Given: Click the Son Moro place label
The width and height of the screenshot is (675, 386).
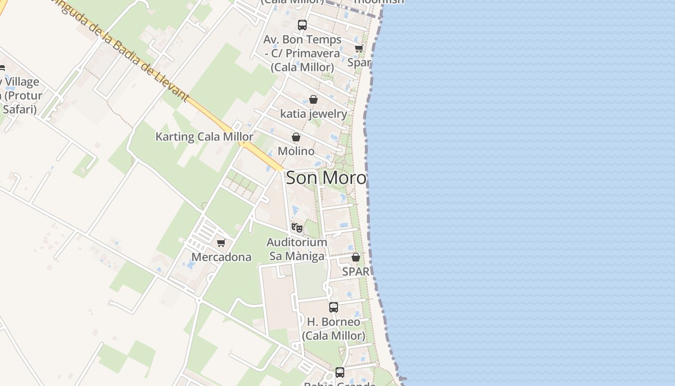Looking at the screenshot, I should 326,178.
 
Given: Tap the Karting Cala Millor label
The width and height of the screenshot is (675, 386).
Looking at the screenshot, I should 204,137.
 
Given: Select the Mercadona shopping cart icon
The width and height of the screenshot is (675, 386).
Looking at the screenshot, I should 221,243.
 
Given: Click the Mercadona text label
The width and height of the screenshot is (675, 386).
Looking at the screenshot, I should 221,257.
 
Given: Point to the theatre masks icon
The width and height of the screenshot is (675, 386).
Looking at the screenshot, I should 297,227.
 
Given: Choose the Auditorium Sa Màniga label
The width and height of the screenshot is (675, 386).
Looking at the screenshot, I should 297,249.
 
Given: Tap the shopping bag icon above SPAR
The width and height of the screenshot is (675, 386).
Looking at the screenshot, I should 355,257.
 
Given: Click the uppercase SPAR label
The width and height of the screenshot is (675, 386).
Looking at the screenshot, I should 355,272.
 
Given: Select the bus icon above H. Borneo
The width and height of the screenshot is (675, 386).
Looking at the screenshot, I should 333,307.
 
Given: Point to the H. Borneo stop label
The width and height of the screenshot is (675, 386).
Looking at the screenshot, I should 333,328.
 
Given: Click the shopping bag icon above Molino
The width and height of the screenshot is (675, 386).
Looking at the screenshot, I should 296,137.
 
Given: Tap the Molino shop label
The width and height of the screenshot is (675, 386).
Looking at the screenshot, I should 296,151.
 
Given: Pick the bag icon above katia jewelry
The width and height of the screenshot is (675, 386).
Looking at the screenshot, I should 313,99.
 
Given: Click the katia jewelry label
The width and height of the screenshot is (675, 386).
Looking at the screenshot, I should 313,114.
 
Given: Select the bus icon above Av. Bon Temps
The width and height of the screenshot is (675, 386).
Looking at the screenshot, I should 302,25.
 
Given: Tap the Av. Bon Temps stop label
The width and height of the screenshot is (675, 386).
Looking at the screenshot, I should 302,53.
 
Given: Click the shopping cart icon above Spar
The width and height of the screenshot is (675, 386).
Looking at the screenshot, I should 359,48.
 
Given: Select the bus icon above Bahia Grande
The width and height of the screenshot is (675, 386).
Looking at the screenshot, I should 340,372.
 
